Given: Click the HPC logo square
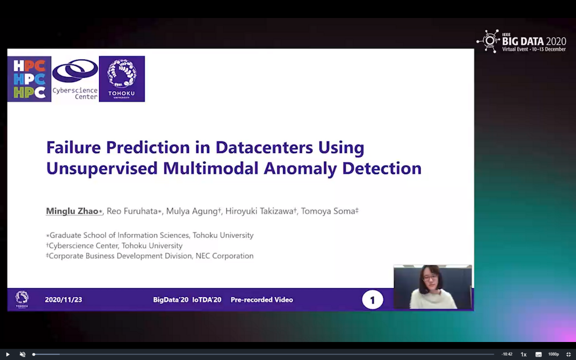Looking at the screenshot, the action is point(29,79).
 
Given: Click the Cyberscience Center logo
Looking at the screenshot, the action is point(75,79).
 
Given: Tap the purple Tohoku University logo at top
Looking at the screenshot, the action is point(122,79).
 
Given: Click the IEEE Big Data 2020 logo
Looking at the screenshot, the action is point(521,41).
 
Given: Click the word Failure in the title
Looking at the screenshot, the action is point(74,147).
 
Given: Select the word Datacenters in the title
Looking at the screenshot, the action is point(264,147).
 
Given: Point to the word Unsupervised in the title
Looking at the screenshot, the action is point(102,169).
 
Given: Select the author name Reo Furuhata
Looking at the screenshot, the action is point(132,211).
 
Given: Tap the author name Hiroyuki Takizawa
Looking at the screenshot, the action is point(259,211).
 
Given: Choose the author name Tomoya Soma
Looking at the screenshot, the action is point(328,211).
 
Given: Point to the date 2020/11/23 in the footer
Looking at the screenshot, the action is point(64,300).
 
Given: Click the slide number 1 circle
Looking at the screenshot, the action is point(372,300).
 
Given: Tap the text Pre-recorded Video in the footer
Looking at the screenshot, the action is point(262,300).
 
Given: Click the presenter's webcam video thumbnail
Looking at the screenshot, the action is point(433,287).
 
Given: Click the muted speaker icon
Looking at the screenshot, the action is point(22,354).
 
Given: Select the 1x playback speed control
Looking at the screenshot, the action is point(524,354).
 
